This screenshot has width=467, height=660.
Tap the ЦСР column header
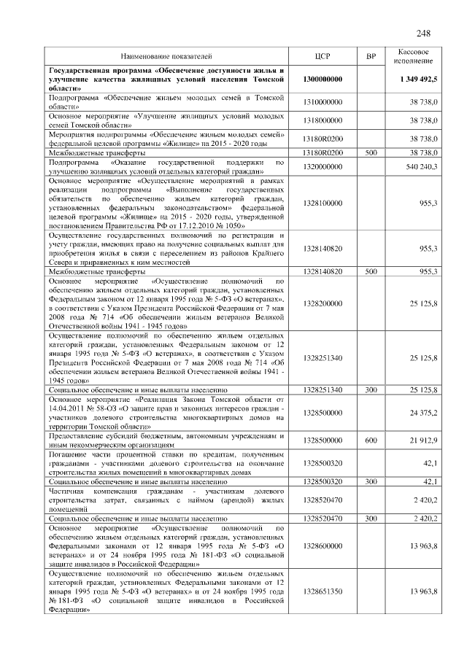[323, 56]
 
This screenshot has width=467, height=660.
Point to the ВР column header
[370, 56]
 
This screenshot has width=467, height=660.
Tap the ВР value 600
[370, 440]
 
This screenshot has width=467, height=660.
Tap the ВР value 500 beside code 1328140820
[370, 271]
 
